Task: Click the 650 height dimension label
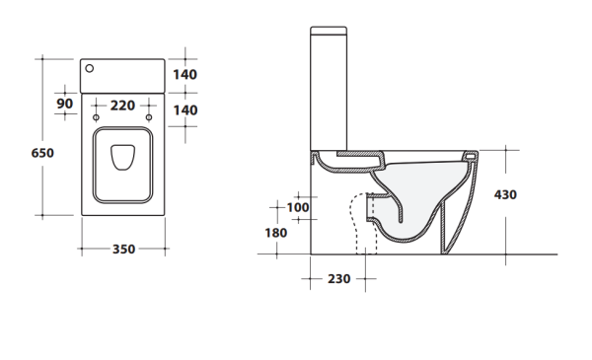click(42, 153)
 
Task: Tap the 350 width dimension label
click(124, 250)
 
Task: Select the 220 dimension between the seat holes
click(122, 106)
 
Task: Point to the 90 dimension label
click(64, 104)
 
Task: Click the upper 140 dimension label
click(185, 75)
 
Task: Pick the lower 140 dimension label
click(185, 110)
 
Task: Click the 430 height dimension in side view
click(505, 194)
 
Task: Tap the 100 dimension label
click(298, 207)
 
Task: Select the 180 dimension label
click(276, 233)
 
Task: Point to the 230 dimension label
click(339, 279)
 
